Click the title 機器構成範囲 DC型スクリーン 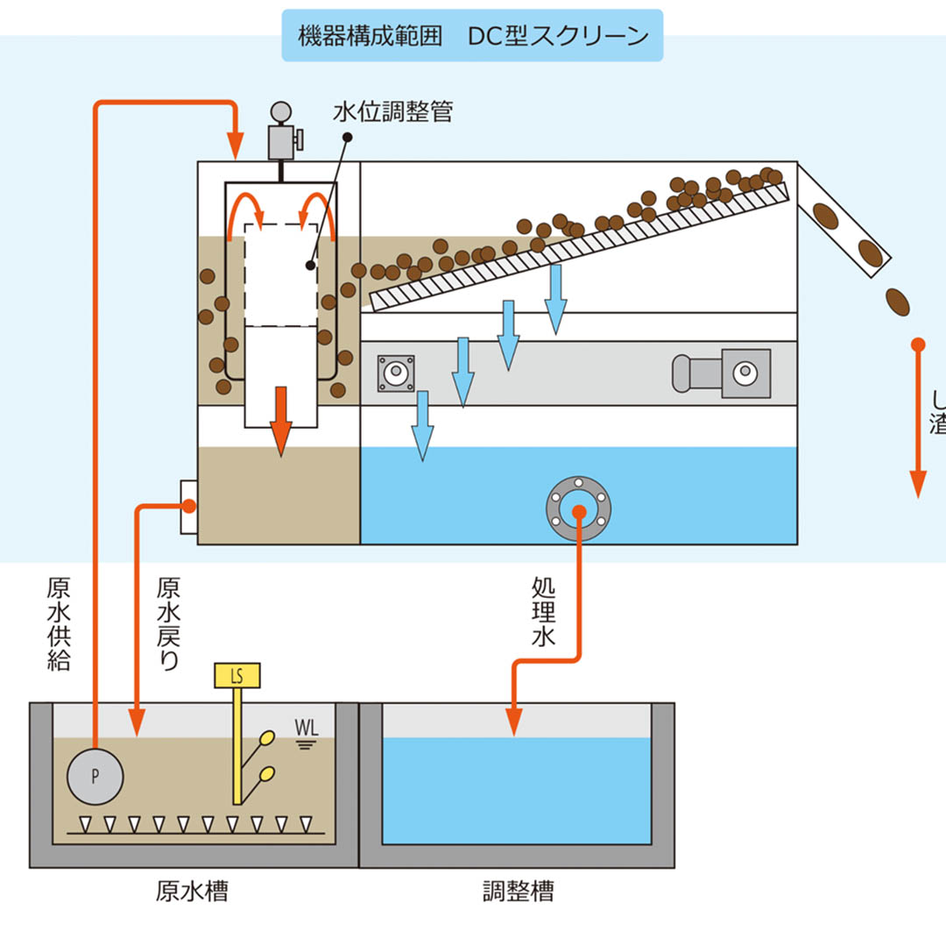(x=472, y=36)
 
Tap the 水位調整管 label (x=392, y=112)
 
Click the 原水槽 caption (x=192, y=892)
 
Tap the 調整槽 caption (x=519, y=892)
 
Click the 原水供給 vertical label (x=59, y=622)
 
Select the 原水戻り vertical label (x=167, y=622)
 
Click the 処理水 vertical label (x=543, y=611)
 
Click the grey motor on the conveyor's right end (x=721, y=373)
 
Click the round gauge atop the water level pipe (x=280, y=112)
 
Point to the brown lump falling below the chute (x=898, y=301)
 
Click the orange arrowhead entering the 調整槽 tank (x=514, y=721)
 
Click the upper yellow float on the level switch (x=267, y=738)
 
